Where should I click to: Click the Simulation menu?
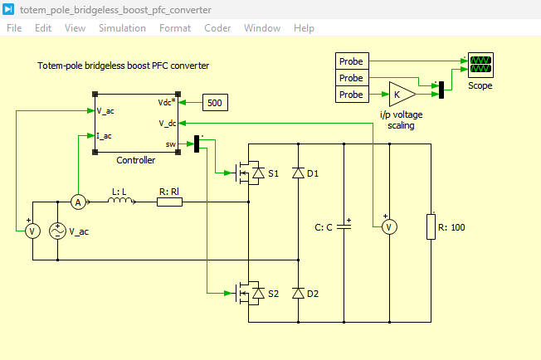click(122, 28)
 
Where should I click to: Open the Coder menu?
click(217, 28)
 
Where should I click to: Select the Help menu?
click(304, 28)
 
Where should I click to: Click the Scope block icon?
click(480, 65)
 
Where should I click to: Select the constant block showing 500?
click(215, 102)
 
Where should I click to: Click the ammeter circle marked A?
click(78, 202)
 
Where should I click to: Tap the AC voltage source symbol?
click(57, 231)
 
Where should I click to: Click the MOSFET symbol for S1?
click(249, 173)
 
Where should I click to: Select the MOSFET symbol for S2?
click(249, 293)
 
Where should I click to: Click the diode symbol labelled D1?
click(299, 173)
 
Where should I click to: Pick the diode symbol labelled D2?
click(299, 293)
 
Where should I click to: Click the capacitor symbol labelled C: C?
click(344, 227)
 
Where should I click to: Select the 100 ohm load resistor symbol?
click(431, 226)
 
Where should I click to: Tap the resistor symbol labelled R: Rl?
click(169, 202)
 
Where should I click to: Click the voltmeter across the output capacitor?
click(389, 227)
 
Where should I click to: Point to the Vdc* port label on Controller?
click(167, 102)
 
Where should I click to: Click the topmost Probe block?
click(352, 61)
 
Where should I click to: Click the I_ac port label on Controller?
click(105, 136)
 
